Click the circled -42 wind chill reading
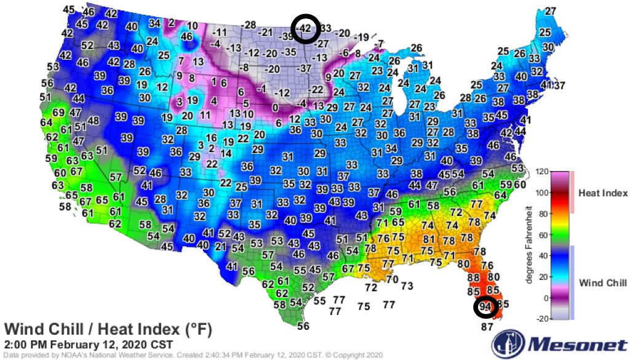(x=304, y=28)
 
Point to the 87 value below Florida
(x=487, y=327)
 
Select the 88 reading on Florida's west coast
(x=473, y=278)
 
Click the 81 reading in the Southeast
(x=429, y=239)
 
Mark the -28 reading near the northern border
(x=249, y=25)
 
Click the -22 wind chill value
(x=316, y=89)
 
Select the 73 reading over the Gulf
(x=407, y=286)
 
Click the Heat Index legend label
(x=603, y=193)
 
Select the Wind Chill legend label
(x=604, y=282)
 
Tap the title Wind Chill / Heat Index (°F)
(x=108, y=329)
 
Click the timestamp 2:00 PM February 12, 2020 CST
(x=88, y=344)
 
